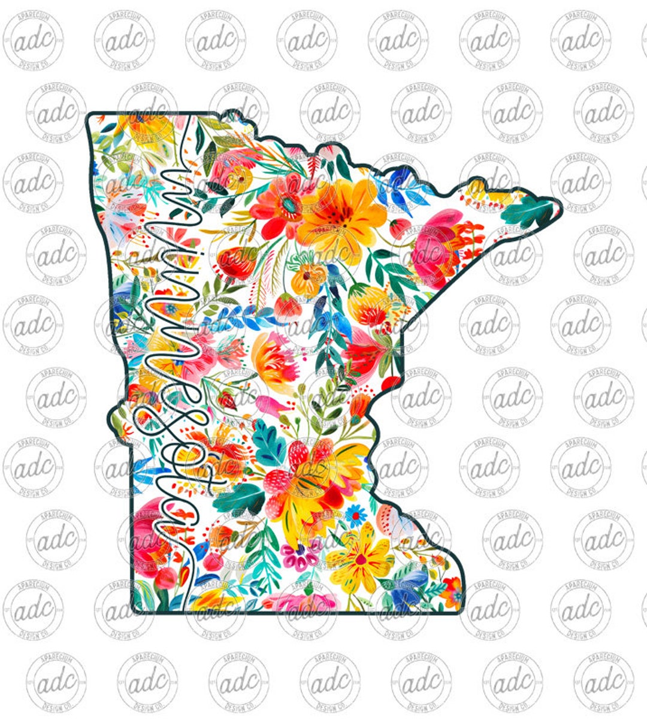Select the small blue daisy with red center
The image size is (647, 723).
click(356, 513)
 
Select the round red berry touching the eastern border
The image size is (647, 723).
click(390, 383)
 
